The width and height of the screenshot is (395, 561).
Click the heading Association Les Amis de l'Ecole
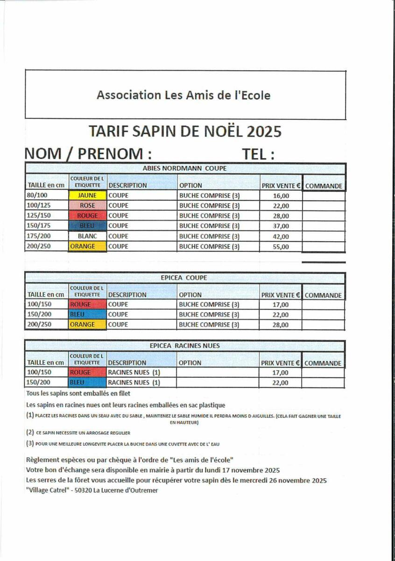pyautogui.click(x=183, y=95)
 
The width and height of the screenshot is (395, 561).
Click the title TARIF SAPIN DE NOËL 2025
pyautogui.click(x=185, y=131)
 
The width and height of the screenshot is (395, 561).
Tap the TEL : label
pyautogui.click(x=258, y=154)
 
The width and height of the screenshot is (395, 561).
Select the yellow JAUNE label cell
pyautogui.click(x=87, y=195)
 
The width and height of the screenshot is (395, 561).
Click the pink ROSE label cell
pyautogui.click(x=87, y=206)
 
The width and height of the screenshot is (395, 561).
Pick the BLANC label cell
pyautogui.click(x=87, y=236)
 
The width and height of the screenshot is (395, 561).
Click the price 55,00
pyautogui.click(x=281, y=247)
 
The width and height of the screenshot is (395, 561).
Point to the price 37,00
pyautogui.click(x=281, y=226)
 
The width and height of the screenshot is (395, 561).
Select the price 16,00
pyautogui.click(x=281, y=196)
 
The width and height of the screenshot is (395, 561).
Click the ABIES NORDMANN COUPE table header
pyautogui.click(x=185, y=169)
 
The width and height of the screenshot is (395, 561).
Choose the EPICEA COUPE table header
pyautogui.click(x=185, y=278)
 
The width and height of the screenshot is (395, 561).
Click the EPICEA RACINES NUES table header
pyautogui.click(x=185, y=346)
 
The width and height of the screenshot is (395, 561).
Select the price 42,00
pyautogui.click(x=281, y=237)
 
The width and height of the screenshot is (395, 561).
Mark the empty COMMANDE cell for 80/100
pyautogui.click(x=324, y=196)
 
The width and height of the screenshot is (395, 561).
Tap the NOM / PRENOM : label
pyautogui.click(x=88, y=154)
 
